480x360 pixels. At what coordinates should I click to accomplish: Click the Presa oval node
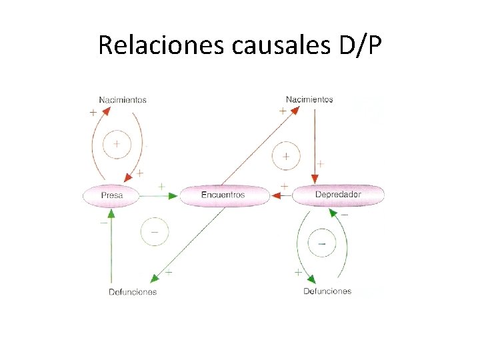pos(111,195)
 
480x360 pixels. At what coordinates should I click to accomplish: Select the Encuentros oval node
pos(223,195)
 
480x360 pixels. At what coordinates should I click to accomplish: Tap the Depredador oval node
pos(338,195)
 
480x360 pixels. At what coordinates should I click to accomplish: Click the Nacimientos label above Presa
pos(123,100)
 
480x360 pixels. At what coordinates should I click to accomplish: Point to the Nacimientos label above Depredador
pos(309,99)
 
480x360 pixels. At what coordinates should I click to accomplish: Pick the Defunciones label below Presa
pos(133,291)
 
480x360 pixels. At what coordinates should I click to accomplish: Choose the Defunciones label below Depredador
pos(327,291)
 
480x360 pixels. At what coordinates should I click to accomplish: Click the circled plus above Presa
pos(117,143)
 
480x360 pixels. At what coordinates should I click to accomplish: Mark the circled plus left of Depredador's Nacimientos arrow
pos(286,157)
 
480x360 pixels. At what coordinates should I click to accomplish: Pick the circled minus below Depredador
pos(322,244)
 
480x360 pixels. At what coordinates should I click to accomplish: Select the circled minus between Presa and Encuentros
pos(154,232)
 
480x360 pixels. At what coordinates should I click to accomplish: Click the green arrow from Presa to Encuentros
pos(160,195)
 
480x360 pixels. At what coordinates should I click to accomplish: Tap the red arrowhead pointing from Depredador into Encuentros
pos(276,195)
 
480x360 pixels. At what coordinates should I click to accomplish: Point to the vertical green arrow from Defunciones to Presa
pos(111,247)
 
